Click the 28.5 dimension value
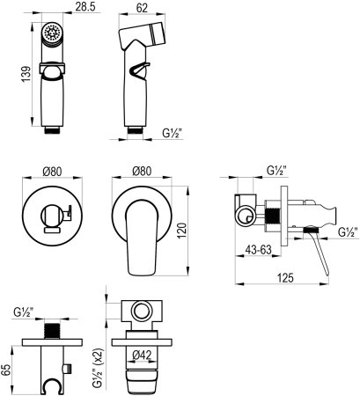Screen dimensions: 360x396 click(85, 7)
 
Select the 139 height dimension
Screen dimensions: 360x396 click(26, 74)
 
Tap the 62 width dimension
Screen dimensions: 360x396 click(142, 8)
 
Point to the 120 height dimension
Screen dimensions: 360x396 click(182, 231)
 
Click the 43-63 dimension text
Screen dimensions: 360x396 click(259, 250)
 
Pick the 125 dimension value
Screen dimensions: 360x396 click(284, 277)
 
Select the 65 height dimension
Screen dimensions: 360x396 click(6, 370)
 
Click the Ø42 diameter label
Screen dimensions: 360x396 click(142, 356)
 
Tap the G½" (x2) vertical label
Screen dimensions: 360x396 click(99, 369)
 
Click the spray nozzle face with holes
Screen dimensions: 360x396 click(52, 33)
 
